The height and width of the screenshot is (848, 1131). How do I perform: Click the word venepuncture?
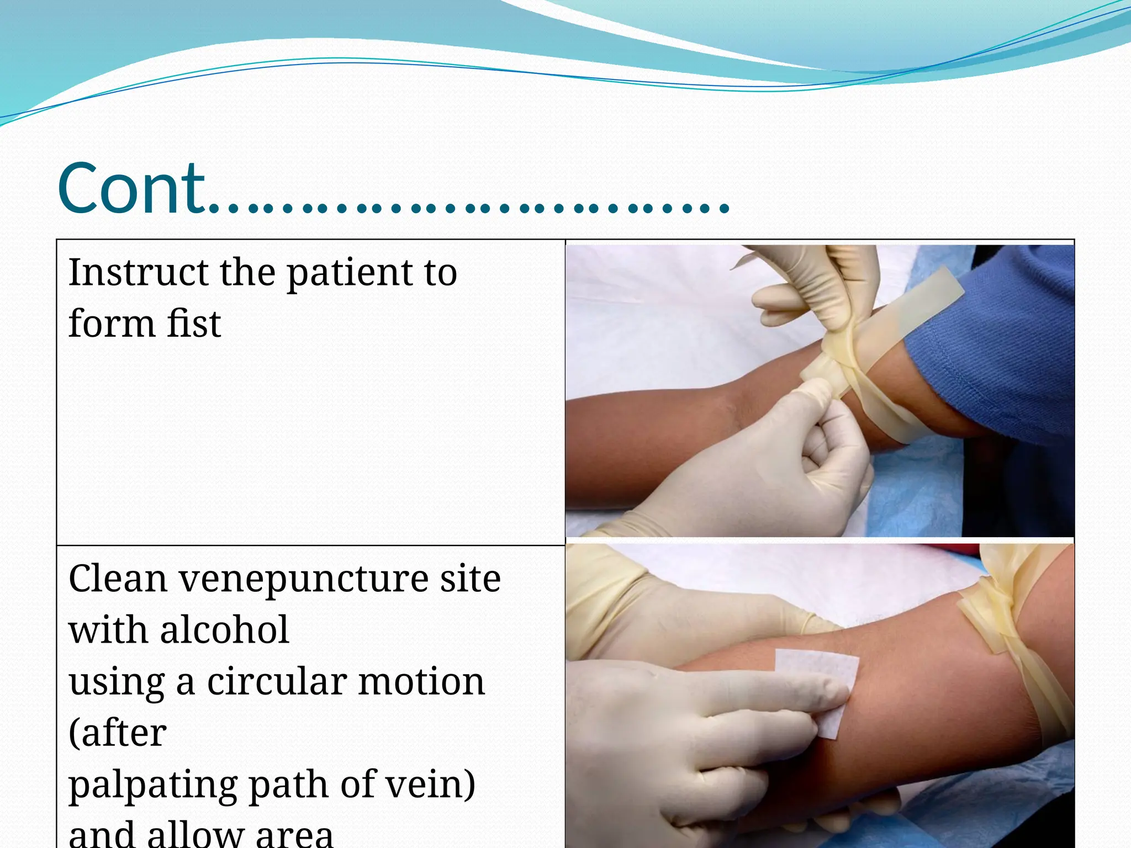pos(304,580)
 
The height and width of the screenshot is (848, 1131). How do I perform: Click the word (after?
pos(118,733)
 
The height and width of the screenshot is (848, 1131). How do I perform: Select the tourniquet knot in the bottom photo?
pos(994,618)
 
